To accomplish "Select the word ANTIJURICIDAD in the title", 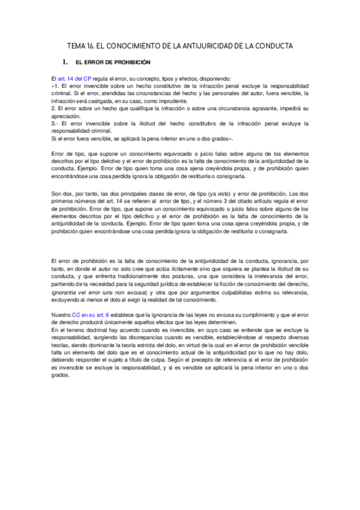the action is point(216,46).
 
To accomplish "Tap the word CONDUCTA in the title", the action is point(271,46).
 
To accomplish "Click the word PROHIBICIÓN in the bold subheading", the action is point(130,62).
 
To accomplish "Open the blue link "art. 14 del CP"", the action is point(75,78).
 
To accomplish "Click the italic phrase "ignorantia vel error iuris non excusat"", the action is point(103,292).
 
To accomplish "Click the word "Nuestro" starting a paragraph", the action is point(61,315).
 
